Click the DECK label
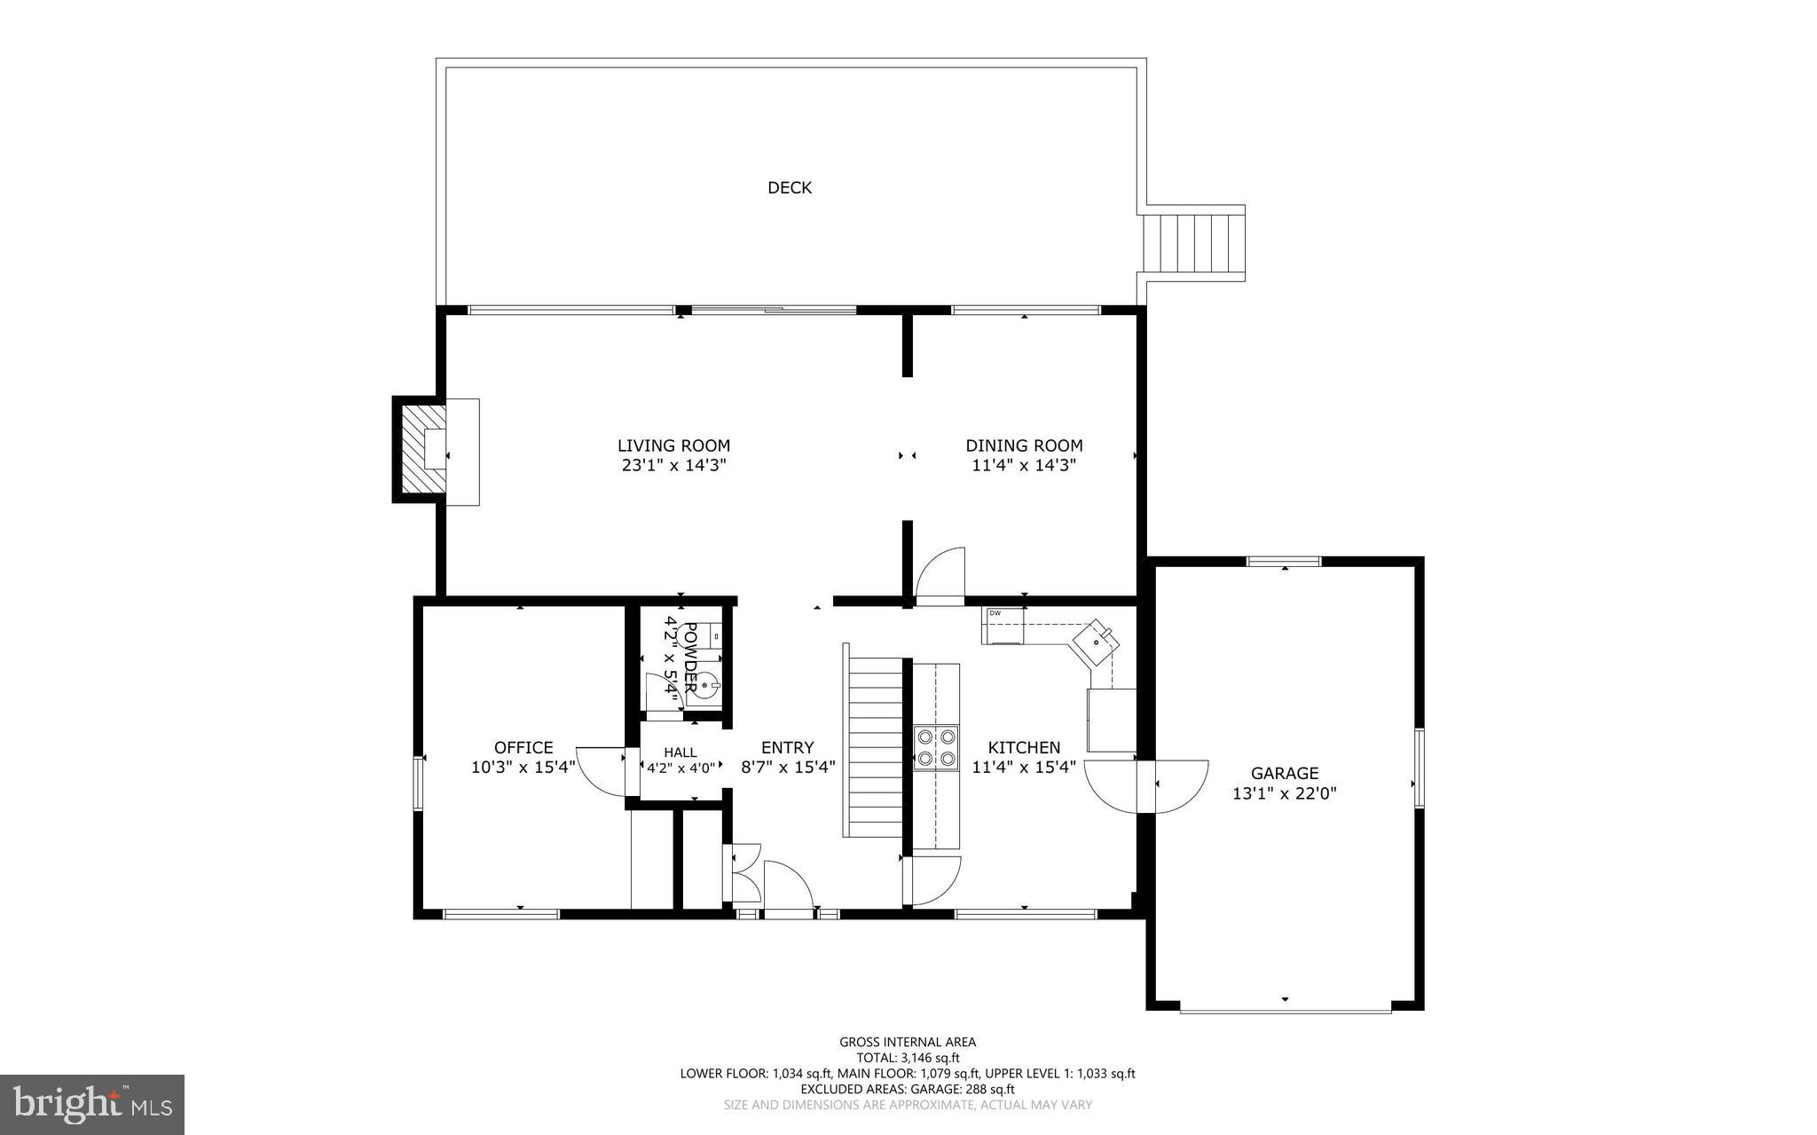[x=789, y=187]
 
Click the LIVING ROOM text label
[x=673, y=445]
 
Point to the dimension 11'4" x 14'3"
[x=1024, y=465]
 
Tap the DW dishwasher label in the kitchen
[x=995, y=613]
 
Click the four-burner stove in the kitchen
[x=937, y=746]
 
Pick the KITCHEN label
[x=1024, y=747]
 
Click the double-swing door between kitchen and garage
[x=1146, y=786]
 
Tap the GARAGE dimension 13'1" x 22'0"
[x=1284, y=793]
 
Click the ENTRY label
[x=787, y=747]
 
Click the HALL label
[x=680, y=753]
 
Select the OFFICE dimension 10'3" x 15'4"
[x=523, y=767]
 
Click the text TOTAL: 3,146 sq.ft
[x=907, y=1058]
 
